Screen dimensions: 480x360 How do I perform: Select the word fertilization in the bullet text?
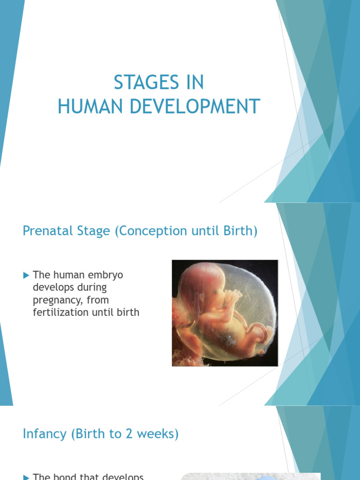point(59,312)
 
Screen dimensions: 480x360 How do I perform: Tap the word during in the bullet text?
point(91,287)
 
